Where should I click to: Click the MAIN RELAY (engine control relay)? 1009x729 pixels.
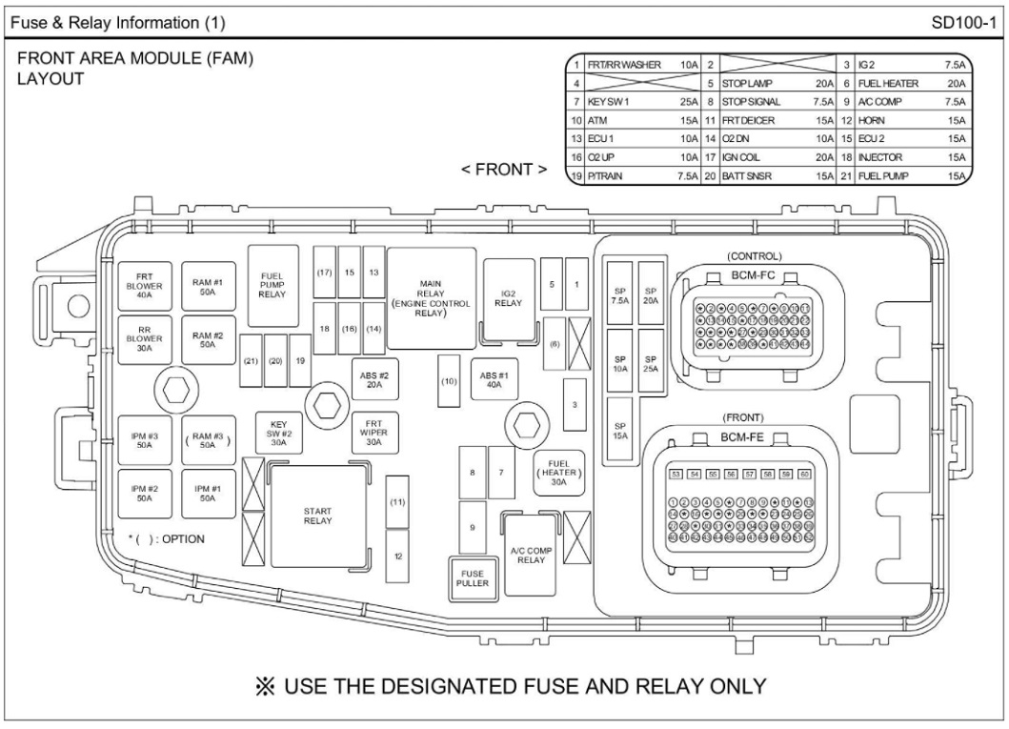pos(432,297)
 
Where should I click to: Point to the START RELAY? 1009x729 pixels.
pos(318,516)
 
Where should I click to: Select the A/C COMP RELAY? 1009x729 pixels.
pos(528,553)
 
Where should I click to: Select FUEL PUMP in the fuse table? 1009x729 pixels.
pos(882,175)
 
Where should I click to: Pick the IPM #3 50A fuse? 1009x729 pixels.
pos(144,441)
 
